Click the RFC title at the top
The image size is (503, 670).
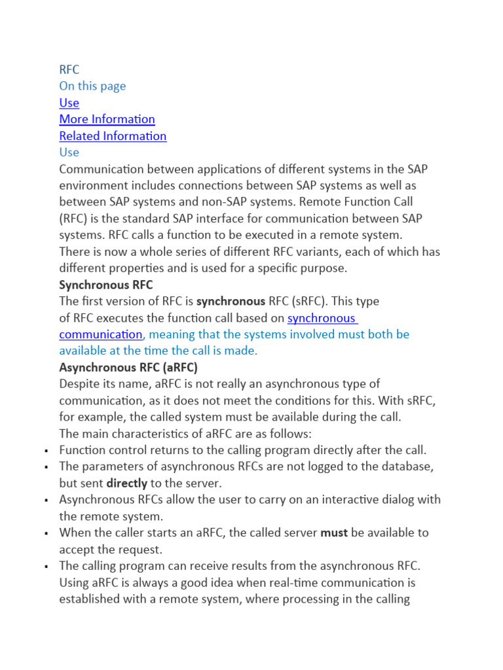[69, 69]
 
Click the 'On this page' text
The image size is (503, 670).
[92, 86]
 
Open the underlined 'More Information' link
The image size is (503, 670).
[107, 119]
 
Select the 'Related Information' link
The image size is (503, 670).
[113, 135]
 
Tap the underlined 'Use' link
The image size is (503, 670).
[69, 103]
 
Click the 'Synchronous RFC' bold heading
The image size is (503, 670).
[105, 285]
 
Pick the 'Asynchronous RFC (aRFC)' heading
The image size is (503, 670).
[128, 367]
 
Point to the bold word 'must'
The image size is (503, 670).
[333, 533]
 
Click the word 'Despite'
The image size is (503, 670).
[79, 383]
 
